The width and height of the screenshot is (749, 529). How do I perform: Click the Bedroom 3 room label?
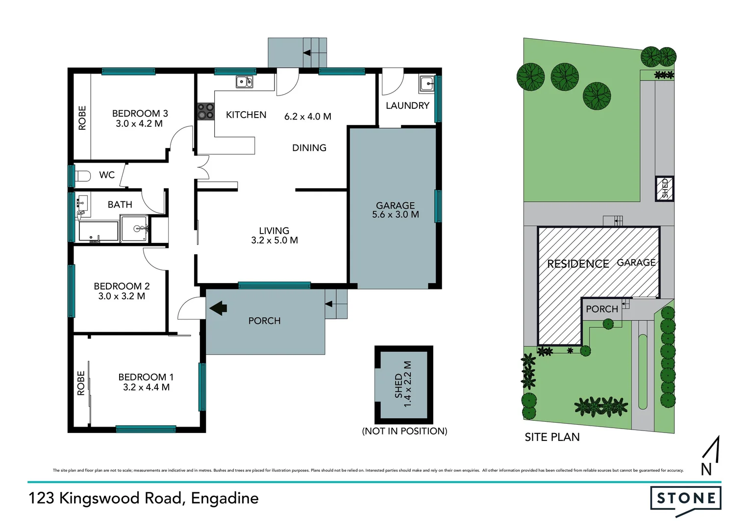140,114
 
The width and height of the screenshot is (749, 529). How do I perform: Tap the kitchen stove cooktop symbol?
205,111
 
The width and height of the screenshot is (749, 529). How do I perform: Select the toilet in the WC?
83,175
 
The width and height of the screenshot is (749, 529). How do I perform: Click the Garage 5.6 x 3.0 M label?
395,210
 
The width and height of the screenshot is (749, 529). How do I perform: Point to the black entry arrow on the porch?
218,308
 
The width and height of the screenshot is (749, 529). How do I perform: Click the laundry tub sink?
426,84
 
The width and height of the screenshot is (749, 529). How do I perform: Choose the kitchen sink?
244,82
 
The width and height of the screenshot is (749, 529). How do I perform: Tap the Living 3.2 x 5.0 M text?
274,236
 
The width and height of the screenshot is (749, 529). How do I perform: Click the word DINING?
309,148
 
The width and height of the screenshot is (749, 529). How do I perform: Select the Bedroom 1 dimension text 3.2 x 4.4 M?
146,387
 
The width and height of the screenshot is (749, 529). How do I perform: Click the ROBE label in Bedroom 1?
81,383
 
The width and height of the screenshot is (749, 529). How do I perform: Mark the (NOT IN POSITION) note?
404,431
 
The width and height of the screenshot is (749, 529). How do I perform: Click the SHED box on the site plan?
665,189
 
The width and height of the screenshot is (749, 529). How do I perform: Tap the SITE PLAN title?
552,437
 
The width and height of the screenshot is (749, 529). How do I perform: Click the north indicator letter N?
706,469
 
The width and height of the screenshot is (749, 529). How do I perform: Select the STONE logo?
685,499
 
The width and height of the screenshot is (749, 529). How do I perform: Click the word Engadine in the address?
225,498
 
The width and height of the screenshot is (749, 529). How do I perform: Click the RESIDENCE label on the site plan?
577,264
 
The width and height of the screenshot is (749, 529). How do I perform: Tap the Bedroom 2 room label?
122,286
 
